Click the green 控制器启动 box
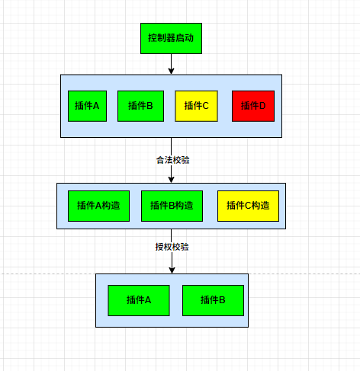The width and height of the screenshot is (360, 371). [171, 38]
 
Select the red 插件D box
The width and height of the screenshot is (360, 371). [253, 106]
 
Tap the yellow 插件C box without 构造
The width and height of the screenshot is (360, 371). [196, 106]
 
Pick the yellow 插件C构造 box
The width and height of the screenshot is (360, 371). [248, 206]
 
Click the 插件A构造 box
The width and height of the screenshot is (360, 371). [98, 206]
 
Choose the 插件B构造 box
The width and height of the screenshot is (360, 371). [172, 206]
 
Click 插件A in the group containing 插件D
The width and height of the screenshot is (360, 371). [87, 106]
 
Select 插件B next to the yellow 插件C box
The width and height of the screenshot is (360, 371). [140, 106]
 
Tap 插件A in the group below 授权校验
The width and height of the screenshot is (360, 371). [139, 300]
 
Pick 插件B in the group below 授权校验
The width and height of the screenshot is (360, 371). [213, 300]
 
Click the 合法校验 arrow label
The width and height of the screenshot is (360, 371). [173, 160]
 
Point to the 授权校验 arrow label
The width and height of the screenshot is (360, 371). [172, 247]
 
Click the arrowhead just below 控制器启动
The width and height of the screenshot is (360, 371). [171, 71]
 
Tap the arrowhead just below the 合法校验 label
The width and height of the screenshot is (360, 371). [171, 180]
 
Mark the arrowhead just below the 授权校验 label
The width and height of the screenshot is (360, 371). [172, 270]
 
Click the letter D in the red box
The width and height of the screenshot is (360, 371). [262, 106]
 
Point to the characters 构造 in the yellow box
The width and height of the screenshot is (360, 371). [261, 206]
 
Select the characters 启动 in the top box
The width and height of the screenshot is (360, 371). [185, 38]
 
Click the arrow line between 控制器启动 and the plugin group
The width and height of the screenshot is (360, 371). [171, 64]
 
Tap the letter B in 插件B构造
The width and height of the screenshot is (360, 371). [172, 206]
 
